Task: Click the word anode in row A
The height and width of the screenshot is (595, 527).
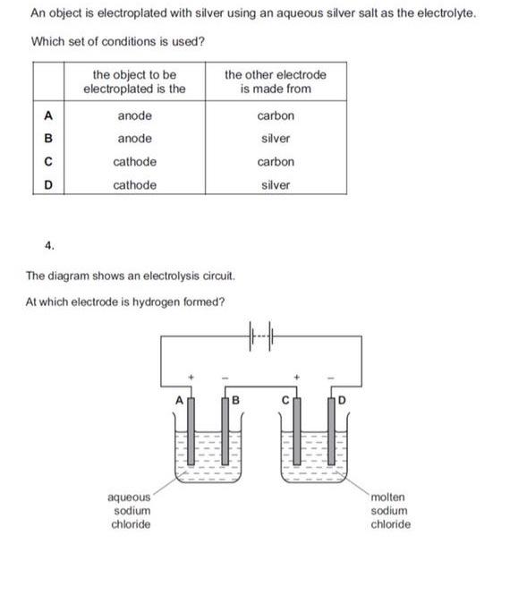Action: tap(134, 116)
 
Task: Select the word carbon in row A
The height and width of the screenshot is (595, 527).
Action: tap(275, 116)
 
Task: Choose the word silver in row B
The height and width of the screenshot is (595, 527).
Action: tap(275, 140)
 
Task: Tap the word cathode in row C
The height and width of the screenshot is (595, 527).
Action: tap(134, 163)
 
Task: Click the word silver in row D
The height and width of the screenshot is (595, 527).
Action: tap(275, 186)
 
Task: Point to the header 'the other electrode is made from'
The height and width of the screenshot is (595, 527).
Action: tap(275, 81)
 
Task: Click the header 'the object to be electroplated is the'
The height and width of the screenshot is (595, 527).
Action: tap(134, 81)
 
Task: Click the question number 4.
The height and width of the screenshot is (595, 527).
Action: tap(49, 243)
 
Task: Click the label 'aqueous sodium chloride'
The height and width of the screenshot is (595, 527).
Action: tap(130, 510)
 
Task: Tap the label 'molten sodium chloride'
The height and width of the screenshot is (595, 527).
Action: tap(389, 510)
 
